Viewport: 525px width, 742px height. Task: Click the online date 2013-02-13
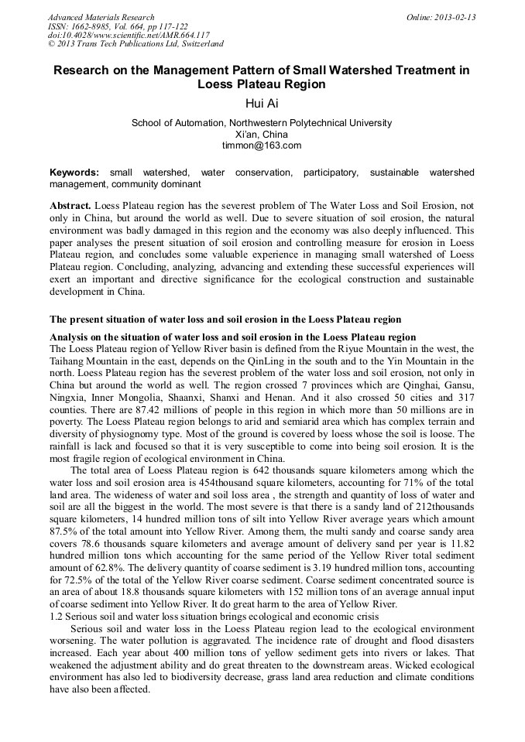[454, 17]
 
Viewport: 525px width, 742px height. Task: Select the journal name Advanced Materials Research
[101, 17]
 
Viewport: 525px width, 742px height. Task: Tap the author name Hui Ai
[262, 104]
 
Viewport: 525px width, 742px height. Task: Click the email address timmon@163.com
[262, 145]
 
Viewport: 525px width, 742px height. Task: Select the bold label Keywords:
[74, 172]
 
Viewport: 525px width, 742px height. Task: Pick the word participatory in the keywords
[331, 172]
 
